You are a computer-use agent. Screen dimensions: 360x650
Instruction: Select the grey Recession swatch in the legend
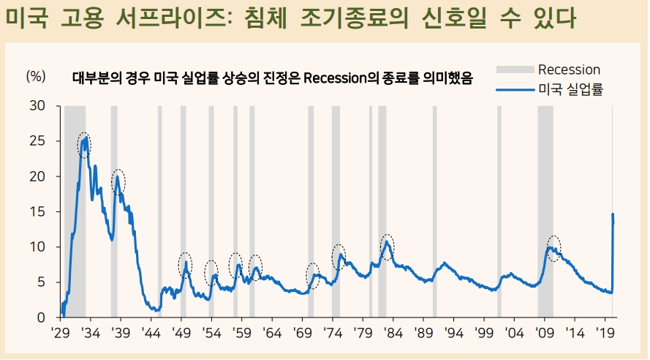click(x=515, y=70)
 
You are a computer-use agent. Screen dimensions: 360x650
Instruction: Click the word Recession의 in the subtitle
click(x=339, y=78)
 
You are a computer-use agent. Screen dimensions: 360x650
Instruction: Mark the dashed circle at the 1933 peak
click(x=85, y=145)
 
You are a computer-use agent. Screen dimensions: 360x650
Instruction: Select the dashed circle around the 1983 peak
click(x=388, y=247)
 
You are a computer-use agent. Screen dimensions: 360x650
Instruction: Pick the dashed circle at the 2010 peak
click(x=553, y=249)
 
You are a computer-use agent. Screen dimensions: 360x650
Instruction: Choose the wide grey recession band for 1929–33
click(x=75, y=212)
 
